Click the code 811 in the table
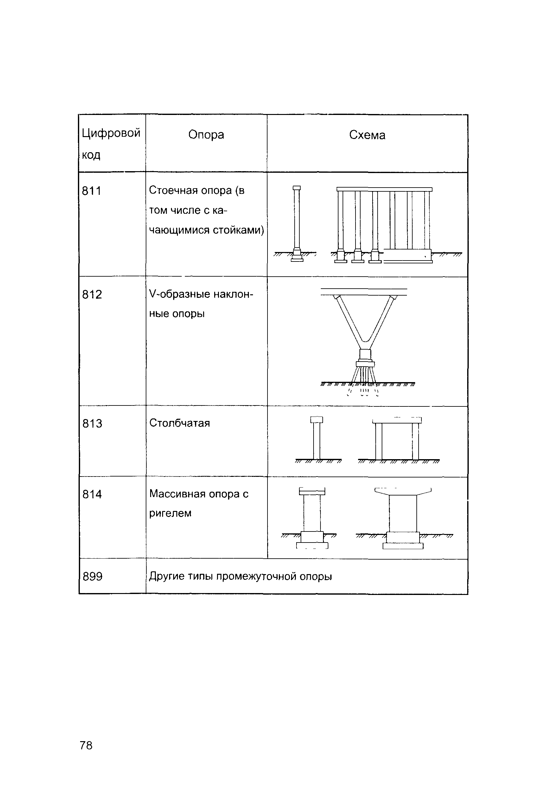[x=91, y=191]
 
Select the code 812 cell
[x=92, y=294]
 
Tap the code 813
[x=92, y=423]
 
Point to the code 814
[x=92, y=494]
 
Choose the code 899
[x=92, y=576]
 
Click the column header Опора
[x=206, y=135]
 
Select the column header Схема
[x=367, y=135]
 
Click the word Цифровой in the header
[x=111, y=133]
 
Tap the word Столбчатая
[x=179, y=423]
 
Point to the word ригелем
[x=170, y=513]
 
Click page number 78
[x=86, y=745]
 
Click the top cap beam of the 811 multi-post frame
[x=384, y=189]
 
